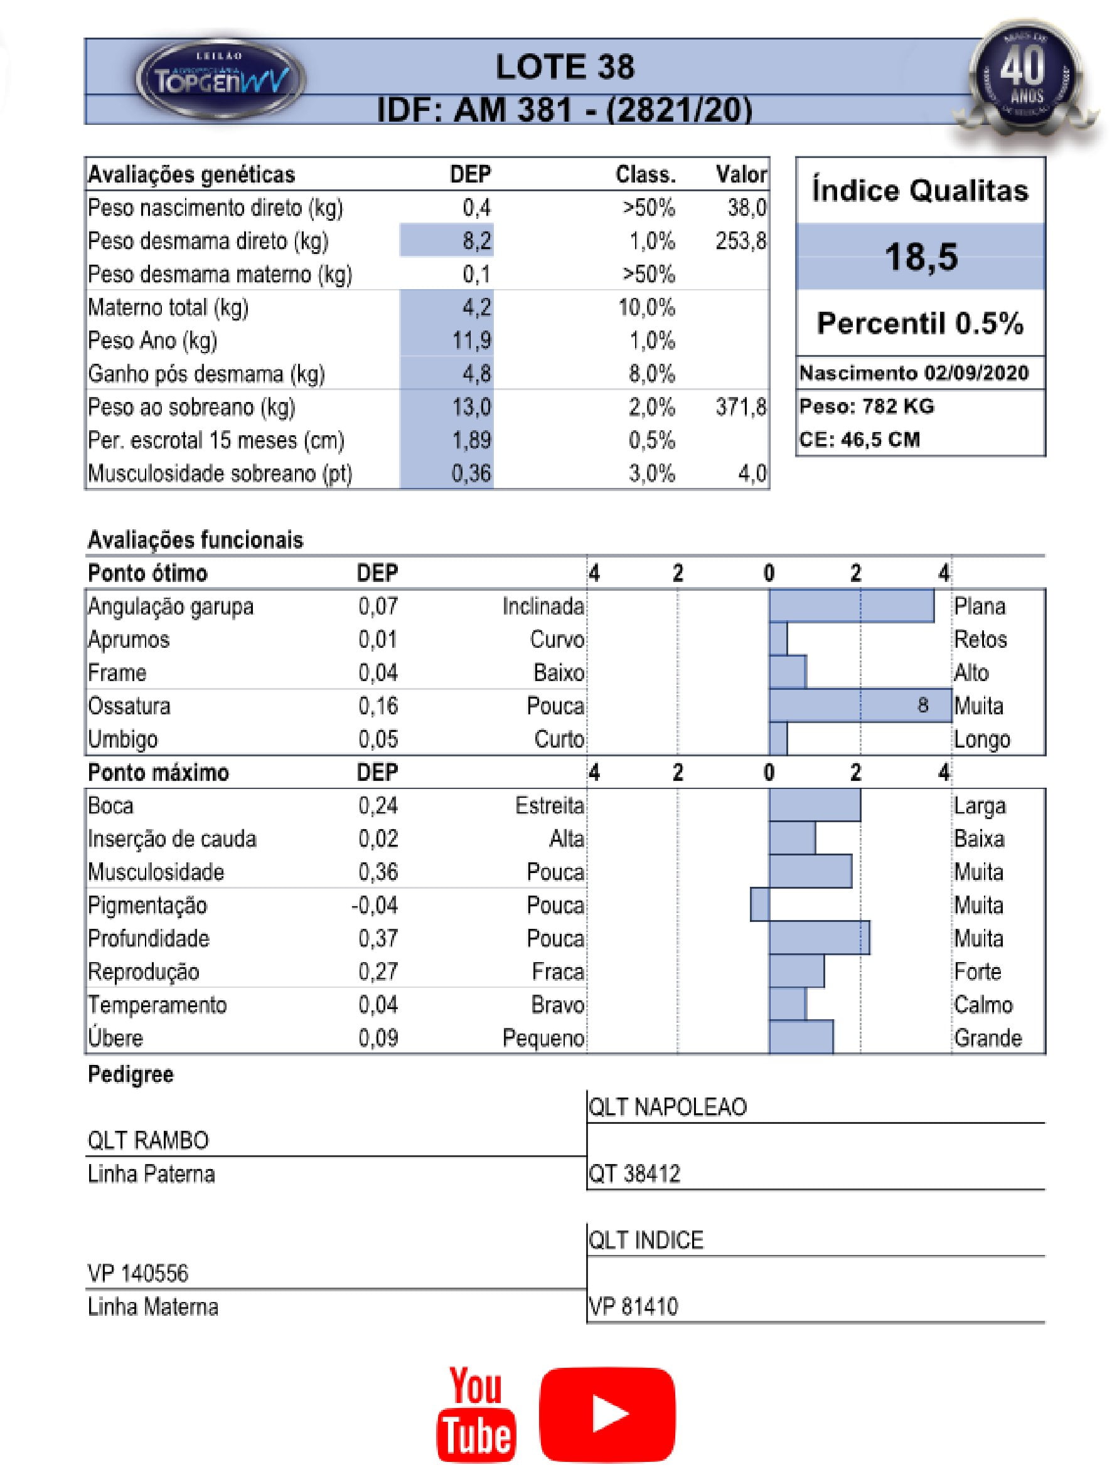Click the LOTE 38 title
(564, 67)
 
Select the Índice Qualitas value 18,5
(921, 257)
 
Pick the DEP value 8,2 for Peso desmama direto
(476, 241)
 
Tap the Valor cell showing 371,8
(740, 406)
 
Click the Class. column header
(645, 175)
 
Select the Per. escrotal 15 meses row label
(216, 440)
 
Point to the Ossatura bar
(859, 706)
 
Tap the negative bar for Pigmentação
(759, 904)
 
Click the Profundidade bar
(818, 938)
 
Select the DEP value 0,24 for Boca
(377, 805)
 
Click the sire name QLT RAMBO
(148, 1140)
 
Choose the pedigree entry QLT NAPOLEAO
(667, 1107)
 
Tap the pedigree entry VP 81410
(633, 1306)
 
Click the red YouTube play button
(607, 1414)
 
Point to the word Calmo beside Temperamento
(983, 1005)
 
